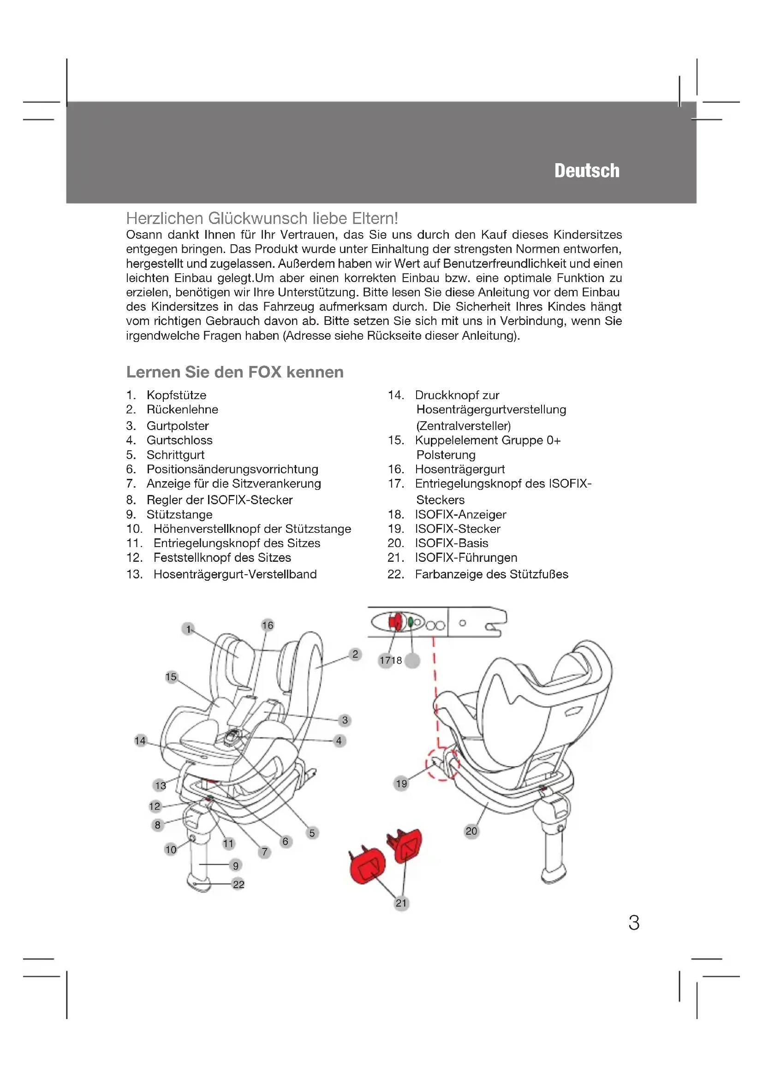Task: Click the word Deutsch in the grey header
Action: pyautogui.click(x=586, y=171)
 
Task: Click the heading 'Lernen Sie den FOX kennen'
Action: pyautogui.click(x=234, y=372)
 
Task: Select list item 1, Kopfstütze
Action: pyautogui.click(x=176, y=395)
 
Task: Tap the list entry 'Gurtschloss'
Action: pyautogui.click(x=179, y=440)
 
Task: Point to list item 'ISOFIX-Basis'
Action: pyautogui.click(x=451, y=543)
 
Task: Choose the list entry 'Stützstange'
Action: pyautogui.click(x=179, y=514)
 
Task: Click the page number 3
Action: pyautogui.click(x=634, y=923)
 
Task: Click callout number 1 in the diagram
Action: pyautogui.click(x=188, y=629)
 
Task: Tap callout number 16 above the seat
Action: pyautogui.click(x=268, y=625)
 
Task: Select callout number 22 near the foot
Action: pyautogui.click(x=238, y=884)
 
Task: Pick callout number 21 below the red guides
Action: pyautogui.click(x=401, y=903)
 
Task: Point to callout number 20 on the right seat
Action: pyautogui.click(x=471, y=831)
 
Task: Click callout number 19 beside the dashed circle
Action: pyautogui.click(x=401, y=783)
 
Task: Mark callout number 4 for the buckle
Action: pyautogui.click(x=339, y=741)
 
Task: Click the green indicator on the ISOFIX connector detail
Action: pyautogui.click(x=411, y=622)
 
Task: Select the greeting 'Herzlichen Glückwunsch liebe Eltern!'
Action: pyautogui.click(x=262, y=218)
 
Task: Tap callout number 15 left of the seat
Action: pyautogui.click(x=171, y=677)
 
